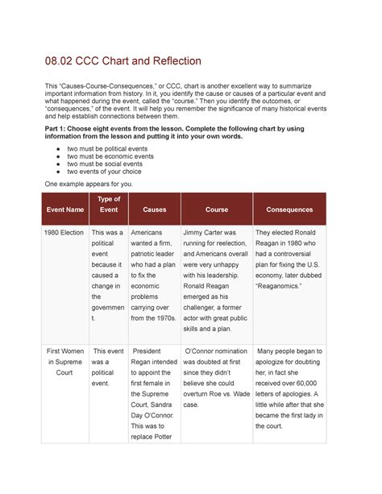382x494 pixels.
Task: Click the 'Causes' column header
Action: (x=154, y=210)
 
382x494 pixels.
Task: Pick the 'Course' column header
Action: (x=216, y=210)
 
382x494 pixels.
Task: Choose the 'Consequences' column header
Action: (x=290, y=210)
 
